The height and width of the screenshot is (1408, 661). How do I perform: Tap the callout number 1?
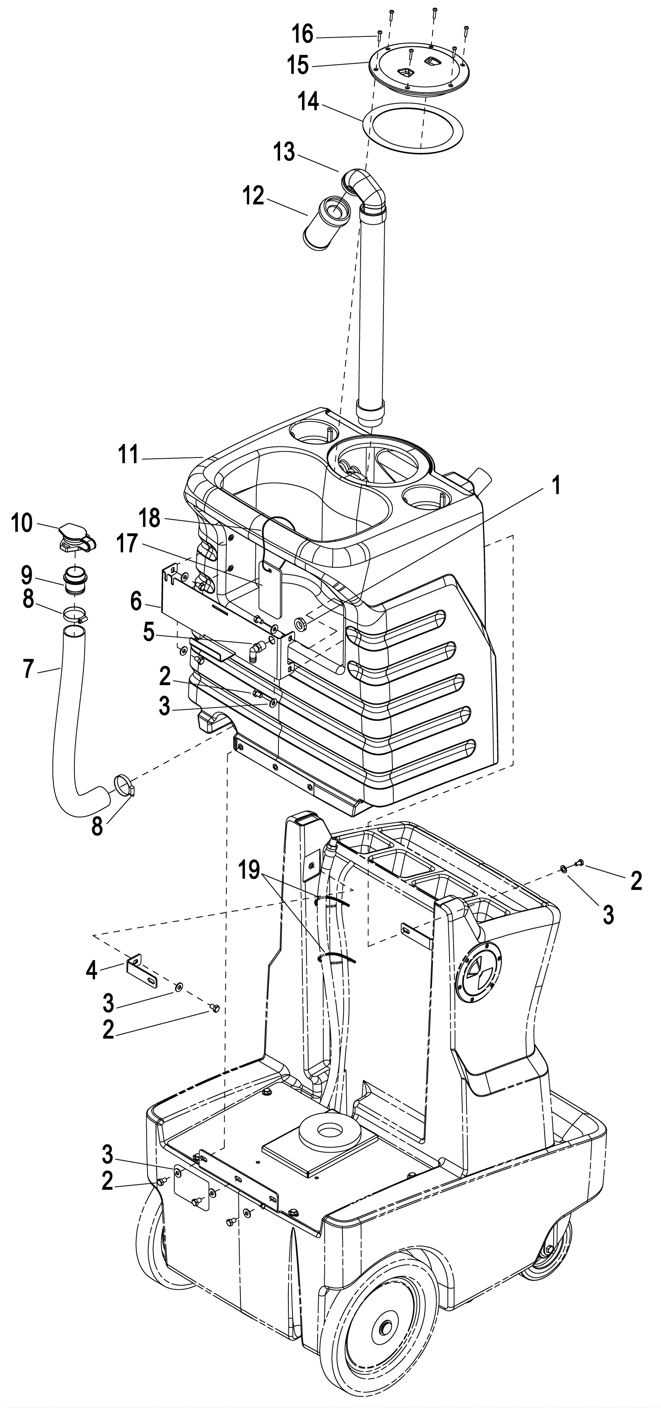556,485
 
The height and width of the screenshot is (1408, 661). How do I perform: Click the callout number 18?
149,518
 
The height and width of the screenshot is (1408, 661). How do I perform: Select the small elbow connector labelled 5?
257,649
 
